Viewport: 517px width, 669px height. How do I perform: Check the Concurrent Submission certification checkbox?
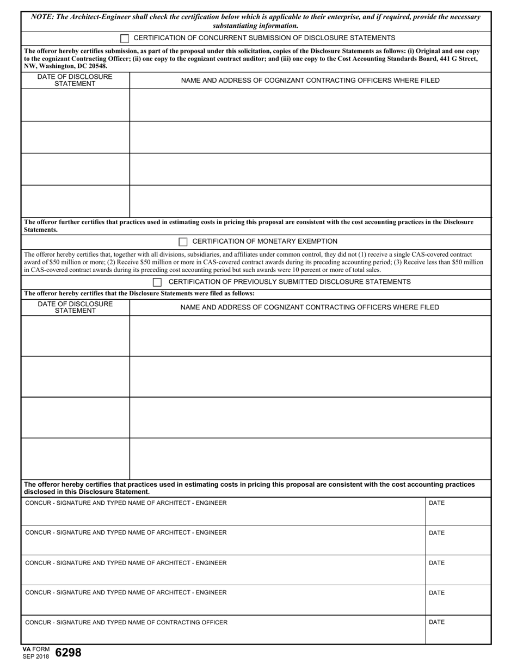(125, 38)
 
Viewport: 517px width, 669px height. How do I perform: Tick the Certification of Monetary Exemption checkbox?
(183, 241)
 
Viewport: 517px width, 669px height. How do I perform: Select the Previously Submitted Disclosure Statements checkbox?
(157, 282)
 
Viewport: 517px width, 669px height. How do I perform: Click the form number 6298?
(68, 653)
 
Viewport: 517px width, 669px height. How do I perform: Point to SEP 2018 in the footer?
(36, 656)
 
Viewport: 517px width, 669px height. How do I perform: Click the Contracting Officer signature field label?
(126, 622)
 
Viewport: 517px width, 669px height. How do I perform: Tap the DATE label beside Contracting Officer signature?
(436, 622)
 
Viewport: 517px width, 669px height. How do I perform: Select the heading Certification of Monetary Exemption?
(265, 241)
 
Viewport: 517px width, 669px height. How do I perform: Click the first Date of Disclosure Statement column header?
(75, 80)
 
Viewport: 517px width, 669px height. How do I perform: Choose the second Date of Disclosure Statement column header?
(75, 307)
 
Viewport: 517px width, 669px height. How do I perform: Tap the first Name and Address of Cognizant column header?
(310, 80)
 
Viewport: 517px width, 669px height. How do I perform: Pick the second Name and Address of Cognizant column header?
(310, 307)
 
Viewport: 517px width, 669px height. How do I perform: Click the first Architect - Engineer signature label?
(126, 503)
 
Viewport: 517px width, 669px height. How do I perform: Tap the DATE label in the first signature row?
(436, 503)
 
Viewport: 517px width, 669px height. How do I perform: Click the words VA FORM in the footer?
(36, 649)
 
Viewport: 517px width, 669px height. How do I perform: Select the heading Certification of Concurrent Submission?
(264, 38)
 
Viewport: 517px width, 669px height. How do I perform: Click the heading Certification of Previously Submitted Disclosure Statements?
(290, 282)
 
